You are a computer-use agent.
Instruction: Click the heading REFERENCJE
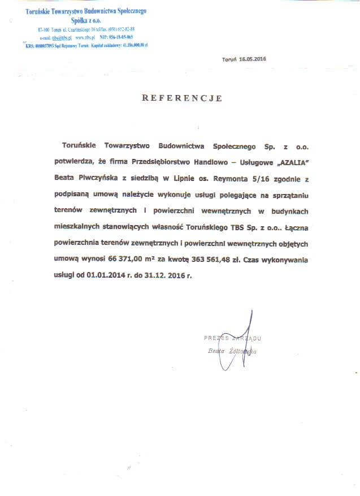pos(181,98)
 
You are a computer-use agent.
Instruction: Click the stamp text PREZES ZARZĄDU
pos(233,338)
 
